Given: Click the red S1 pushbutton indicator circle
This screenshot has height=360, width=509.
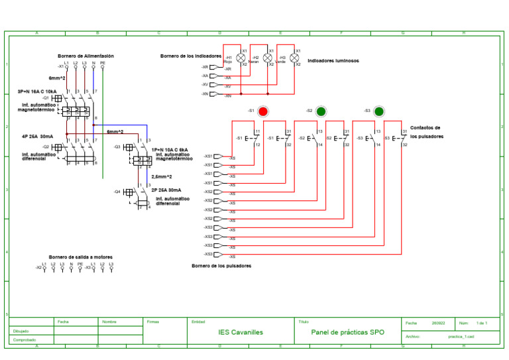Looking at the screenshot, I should [x=262, y=111].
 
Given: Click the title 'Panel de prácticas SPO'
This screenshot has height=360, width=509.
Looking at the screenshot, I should [x=347, y=331].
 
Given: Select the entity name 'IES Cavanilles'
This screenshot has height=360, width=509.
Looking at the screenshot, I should [x=241, y=331].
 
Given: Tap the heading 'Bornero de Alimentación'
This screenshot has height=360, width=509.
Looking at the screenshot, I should [x=85, y=56].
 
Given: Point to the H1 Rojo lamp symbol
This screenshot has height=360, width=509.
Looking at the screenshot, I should [x=241, y=58].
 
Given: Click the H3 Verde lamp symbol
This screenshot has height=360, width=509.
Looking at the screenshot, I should [x=295, y=58].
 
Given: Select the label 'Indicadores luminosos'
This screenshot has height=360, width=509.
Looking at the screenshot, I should [x=333, y=60].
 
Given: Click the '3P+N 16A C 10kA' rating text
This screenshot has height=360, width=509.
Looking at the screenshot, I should [x=37, y=91].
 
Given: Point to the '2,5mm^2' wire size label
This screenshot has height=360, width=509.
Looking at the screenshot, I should [x=162, y=177].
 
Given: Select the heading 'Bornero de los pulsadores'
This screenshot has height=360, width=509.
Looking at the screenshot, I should [x=221, y=266].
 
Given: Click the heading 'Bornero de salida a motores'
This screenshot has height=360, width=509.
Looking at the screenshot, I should [x=80, y=257].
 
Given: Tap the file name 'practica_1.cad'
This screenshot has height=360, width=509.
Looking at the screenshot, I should [x=461, y=337].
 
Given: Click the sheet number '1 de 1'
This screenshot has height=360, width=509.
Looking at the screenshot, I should [x=482, y=323].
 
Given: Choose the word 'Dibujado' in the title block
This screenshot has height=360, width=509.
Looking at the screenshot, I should [x=21, y=330].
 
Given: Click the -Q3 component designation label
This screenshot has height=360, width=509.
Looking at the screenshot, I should [x=117, y=147].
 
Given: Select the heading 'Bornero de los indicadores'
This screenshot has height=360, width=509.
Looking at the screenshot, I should [x=192, y=56].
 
